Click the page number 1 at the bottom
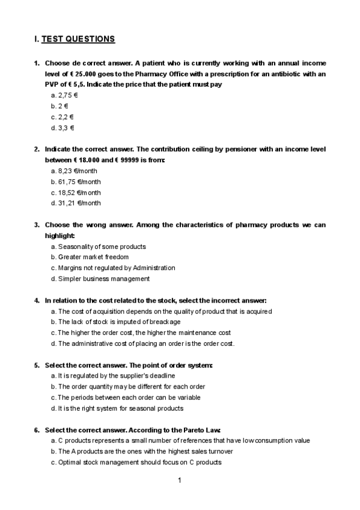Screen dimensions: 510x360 click(180, 481)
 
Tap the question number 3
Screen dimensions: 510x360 click(37, 225)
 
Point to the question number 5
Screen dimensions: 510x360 click(37, 365)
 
